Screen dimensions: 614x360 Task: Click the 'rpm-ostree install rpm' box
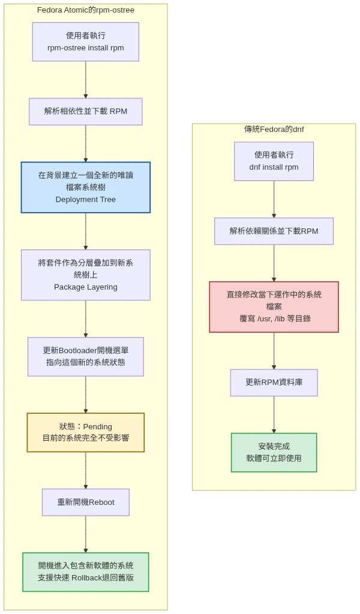[x=86, y=42]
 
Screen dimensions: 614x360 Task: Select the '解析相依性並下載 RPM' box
[x=86, y=112]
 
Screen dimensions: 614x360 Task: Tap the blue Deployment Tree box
[x=86, y=188]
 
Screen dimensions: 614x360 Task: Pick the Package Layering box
[x=86, y=275]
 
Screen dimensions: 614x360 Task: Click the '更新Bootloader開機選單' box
[x=86, y=357]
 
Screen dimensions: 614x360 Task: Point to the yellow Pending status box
[x=86, y=432]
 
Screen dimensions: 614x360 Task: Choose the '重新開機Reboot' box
[x=86, y=502]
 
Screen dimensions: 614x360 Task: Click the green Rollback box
[x=86, y=572]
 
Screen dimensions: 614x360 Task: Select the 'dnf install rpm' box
[x=274, y=161]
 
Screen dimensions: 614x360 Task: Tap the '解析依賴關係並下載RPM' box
[x=274, y=231]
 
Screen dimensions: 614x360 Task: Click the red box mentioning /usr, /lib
[x=274, y=307]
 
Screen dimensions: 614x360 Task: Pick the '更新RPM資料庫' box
[x=274, y=383]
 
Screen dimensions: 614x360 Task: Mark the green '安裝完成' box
[x=274, y=453]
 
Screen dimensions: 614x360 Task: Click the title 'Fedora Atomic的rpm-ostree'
[x=86, y=10]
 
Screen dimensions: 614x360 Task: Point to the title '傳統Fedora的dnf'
[x=274, y=130]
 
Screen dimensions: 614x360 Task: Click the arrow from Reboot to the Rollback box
[x=86, y=534]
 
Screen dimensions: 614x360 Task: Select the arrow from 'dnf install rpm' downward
[x=274, y=199]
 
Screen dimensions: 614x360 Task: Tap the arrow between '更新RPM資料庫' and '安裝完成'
[x=274, y=414]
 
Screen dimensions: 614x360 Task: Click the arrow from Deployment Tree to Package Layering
[x=86, y=231]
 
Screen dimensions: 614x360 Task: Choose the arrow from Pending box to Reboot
[x=86, y=470]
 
